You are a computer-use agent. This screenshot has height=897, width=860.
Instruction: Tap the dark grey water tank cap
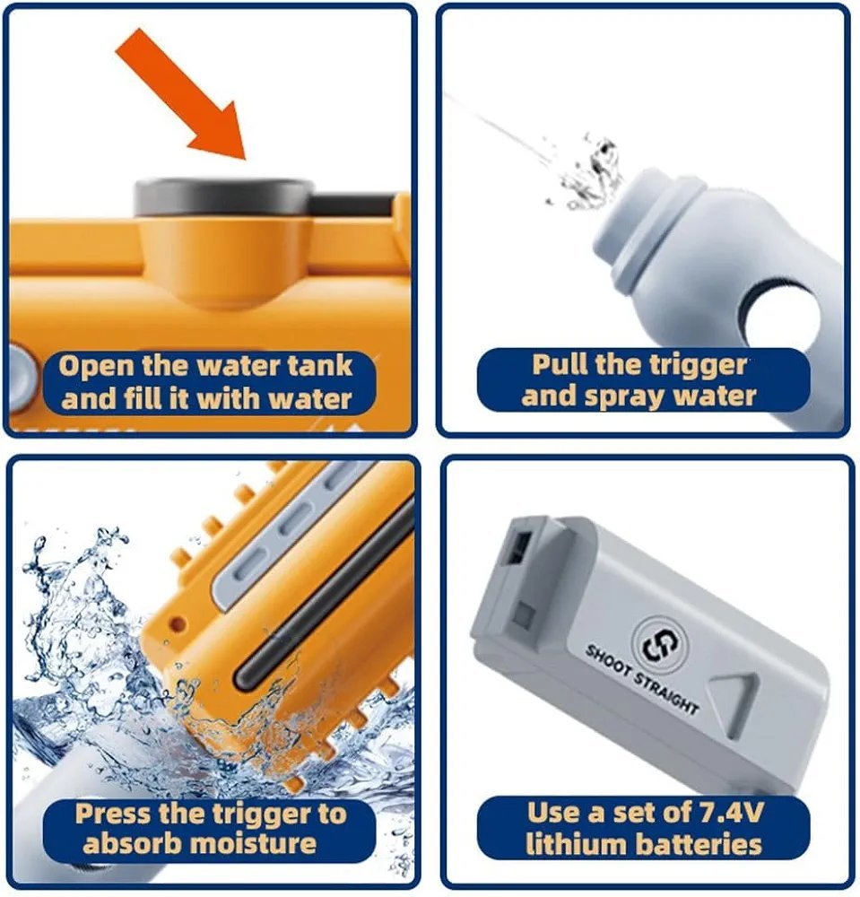[x=224, y=197]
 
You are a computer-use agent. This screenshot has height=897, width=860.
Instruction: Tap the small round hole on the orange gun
[x=178, y=623]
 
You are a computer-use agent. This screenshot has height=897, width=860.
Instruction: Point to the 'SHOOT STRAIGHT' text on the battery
[x=641, y=679]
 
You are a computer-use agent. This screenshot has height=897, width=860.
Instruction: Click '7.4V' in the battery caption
[x=728, y=813]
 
